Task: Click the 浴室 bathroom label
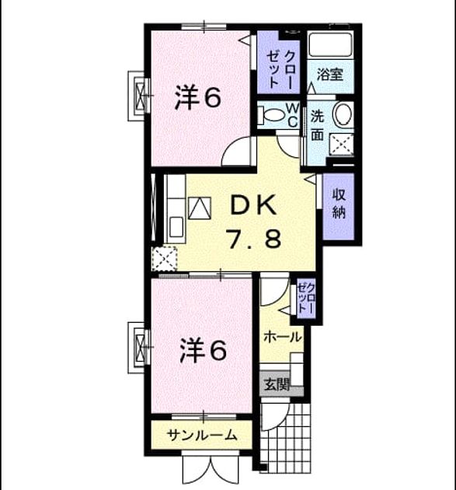330,75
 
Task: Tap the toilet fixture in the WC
271,114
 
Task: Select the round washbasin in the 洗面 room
343,114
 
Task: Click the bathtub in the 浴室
330,44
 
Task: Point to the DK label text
253,205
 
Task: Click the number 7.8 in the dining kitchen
255,238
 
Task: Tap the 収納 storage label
339,204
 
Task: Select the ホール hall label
283,338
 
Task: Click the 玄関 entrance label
277,384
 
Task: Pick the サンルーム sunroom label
202,435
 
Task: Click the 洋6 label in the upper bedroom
198,98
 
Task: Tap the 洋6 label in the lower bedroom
203,352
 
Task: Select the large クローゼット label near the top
280,70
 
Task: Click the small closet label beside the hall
306,299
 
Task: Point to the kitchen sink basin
176,227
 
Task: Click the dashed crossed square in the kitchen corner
165,259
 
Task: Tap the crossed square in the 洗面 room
342,145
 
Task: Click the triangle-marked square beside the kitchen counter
200,208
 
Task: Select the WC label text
292,115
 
